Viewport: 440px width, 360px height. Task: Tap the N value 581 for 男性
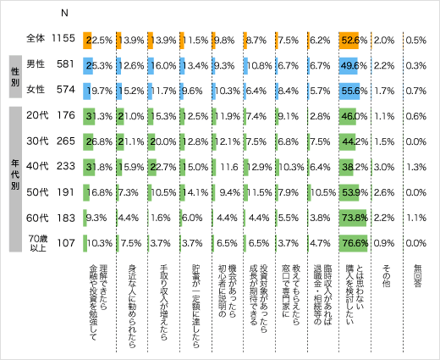point(65,64)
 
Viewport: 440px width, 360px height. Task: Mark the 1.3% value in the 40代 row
point(415,168)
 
